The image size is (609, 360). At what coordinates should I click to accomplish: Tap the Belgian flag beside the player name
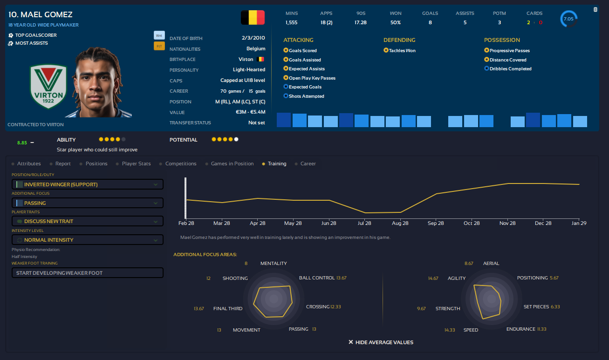253,18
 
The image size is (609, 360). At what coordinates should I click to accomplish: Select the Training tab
277,164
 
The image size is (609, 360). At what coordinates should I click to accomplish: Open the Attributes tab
29,164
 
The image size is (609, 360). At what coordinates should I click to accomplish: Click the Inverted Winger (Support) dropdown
88,184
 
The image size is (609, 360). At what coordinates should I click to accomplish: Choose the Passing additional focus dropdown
88,203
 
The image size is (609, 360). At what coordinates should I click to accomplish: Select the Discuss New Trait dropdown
88,221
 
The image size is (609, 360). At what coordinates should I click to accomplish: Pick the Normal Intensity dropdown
88,240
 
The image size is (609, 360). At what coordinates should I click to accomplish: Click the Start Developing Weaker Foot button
88,273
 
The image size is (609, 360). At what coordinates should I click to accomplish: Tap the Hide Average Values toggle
381,342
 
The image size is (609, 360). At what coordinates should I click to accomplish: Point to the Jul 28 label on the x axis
364,224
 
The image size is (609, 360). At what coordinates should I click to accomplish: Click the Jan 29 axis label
579,224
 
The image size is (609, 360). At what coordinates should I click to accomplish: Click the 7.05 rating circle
568,19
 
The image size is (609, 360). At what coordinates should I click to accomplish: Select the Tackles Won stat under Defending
399,50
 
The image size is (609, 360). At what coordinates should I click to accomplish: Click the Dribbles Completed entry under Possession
510,68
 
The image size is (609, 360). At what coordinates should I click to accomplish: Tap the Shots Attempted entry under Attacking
306,96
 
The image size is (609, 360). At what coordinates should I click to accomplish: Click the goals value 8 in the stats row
430,22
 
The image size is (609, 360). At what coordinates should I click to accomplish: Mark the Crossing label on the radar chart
317,307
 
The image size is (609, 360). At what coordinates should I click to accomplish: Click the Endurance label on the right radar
520,329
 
